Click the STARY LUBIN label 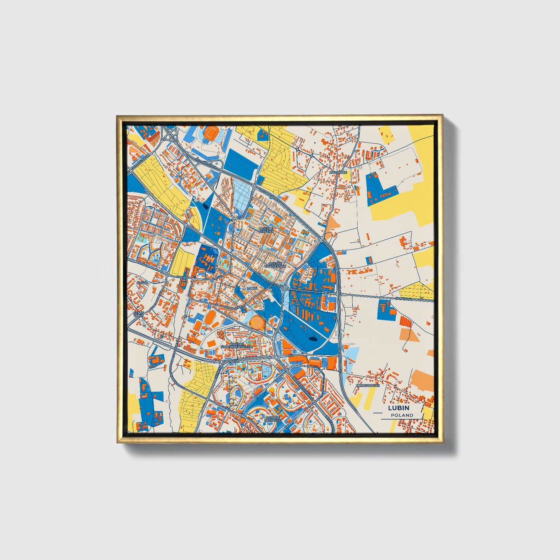tap(138, 314)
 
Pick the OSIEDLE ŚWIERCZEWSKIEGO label tap(241, 345)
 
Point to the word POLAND tap(402, 415)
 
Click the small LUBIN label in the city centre tap(252, 288)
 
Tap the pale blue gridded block tap(242, 196)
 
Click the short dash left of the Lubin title tap(377, 408)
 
